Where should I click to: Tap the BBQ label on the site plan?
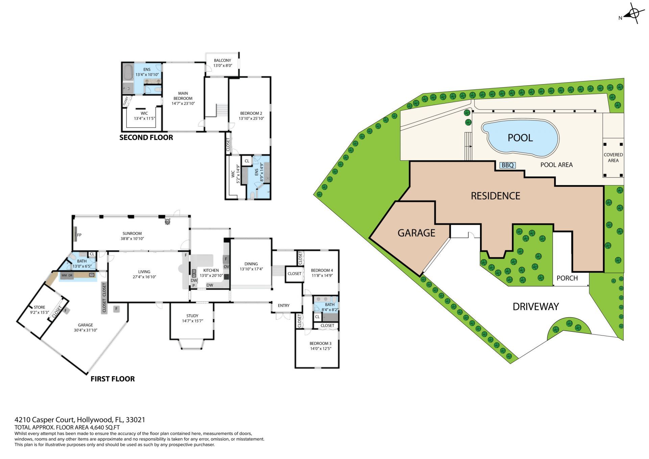(507, 165)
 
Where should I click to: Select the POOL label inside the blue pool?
(520, 138)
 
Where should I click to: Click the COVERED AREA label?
(613, 158)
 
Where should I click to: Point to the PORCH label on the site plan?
(567, 278)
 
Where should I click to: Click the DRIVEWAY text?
(536, 306)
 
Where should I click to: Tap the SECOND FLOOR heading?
(146, 137)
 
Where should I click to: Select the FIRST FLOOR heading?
(113, 379)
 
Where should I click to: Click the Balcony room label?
(222, 60)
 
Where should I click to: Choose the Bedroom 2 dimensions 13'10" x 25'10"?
(251, 119)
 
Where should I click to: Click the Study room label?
(192, 316)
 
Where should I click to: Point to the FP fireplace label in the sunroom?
(79, 235)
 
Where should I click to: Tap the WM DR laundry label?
(67, 275)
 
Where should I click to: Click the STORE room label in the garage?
(40, 307)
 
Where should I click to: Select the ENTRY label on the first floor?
(284, 305)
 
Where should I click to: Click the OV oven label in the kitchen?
(226, 267)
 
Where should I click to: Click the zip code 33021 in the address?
(135, 420)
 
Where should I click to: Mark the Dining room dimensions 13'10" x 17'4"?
(251, 269)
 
